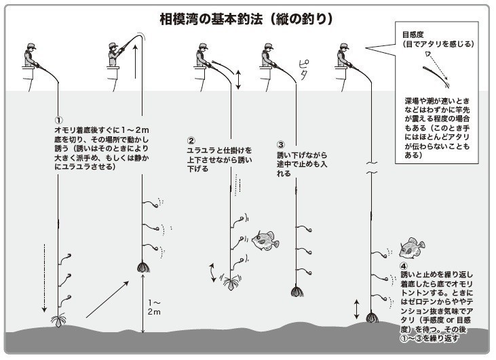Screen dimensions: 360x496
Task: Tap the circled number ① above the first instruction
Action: (x=58, y=119)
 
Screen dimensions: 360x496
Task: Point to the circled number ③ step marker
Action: (x=280, y=144)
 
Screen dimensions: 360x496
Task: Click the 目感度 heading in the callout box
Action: (x=413, y=34)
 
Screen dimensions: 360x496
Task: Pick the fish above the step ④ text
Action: (x=411, y=248)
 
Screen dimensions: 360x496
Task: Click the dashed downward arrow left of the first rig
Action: (x=45, y=278)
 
